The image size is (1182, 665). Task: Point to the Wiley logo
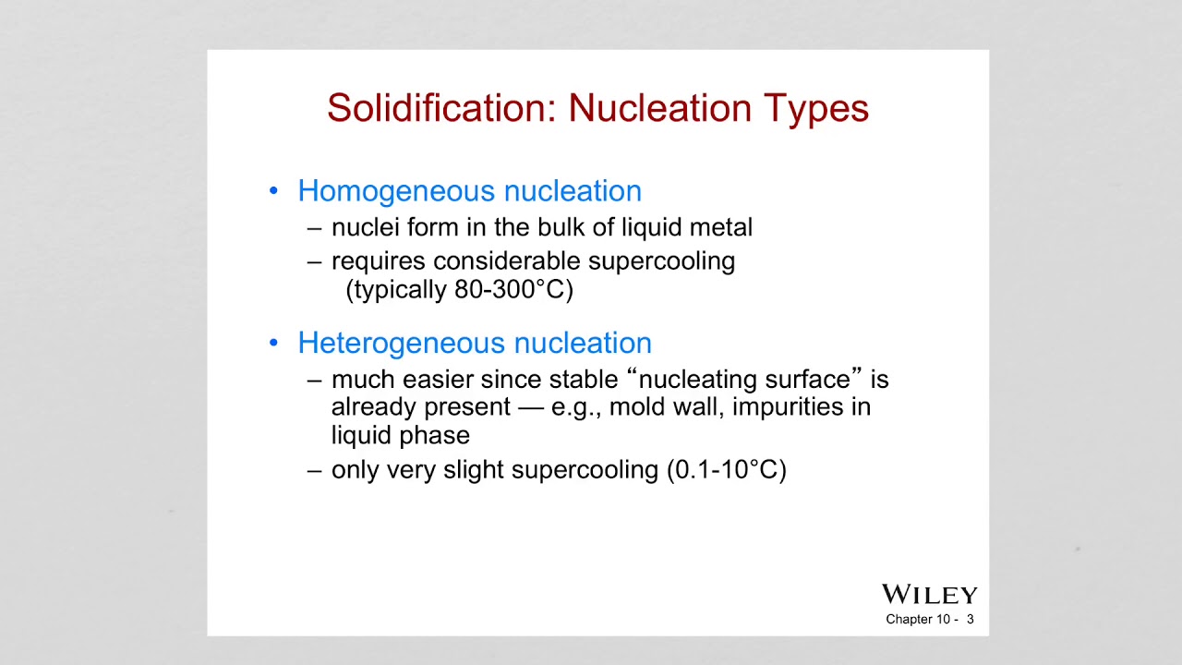pyautogui.click(x=929, y=594)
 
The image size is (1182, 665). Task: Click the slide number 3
pyautogui.click(x=971, y=619)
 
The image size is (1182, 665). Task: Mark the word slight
pyautogui.click(x=474, y=469)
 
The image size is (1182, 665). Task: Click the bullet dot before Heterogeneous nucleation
pyautogui.click(x=273, y=344)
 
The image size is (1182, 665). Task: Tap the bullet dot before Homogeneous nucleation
pyautogui.click(x=273, y=191)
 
